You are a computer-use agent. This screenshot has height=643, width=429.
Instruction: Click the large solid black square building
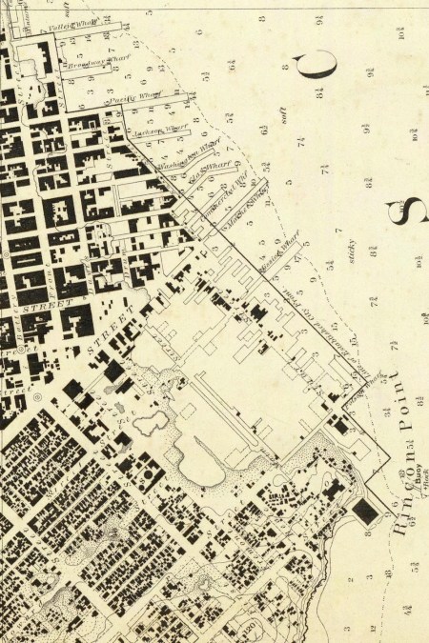tap(365, 512)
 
